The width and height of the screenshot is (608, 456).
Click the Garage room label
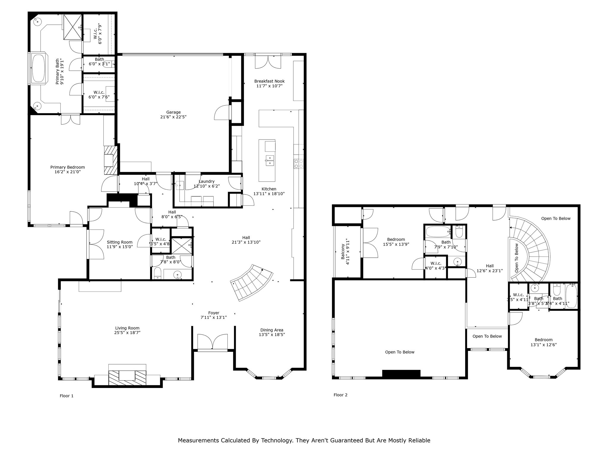pyautogui.click(x=173, y=112)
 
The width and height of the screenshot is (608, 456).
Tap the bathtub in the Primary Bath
pyautogui.click(x=38, y=69)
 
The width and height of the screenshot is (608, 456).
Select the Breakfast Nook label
pyautogui.click(x=269, y=81)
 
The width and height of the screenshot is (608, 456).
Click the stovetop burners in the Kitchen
pyautogui.click(x=298, y=164)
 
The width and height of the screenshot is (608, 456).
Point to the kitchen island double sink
pyautogui.click(x=270, y=160)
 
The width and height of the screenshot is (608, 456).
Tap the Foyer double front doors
pyautogui.click(x=213, y=342)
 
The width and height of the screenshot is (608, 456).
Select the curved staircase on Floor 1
pyautogui.click(x=252, y=282)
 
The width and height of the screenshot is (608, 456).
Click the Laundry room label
pyautogui.click(x=206, y=181)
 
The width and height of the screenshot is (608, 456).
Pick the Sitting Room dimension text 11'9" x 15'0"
pyautogui.click(x=120, y=246)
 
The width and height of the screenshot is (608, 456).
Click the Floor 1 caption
pyautogui.click(x=66, y=396)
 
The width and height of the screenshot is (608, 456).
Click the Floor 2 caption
pyautogui.click(x=340, y=395)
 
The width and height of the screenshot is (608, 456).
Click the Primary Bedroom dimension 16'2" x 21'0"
pyautogui.click(x=67, y=172)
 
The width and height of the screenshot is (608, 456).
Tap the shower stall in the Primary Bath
pyautogui.click(x=73, y=27)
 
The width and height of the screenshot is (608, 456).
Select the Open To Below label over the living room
pyautogui.click(x=400, y=352)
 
